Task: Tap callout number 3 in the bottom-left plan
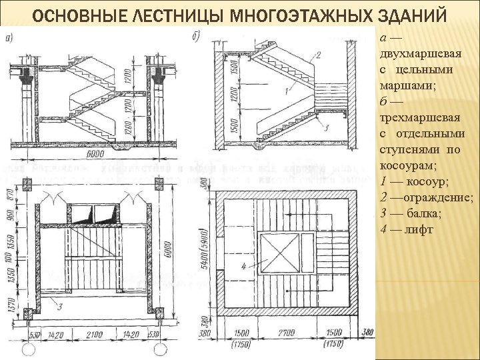[x=61, y=307]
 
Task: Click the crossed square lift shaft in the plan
[x=279, y=253]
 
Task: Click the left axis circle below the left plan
[x=27, y=348]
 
